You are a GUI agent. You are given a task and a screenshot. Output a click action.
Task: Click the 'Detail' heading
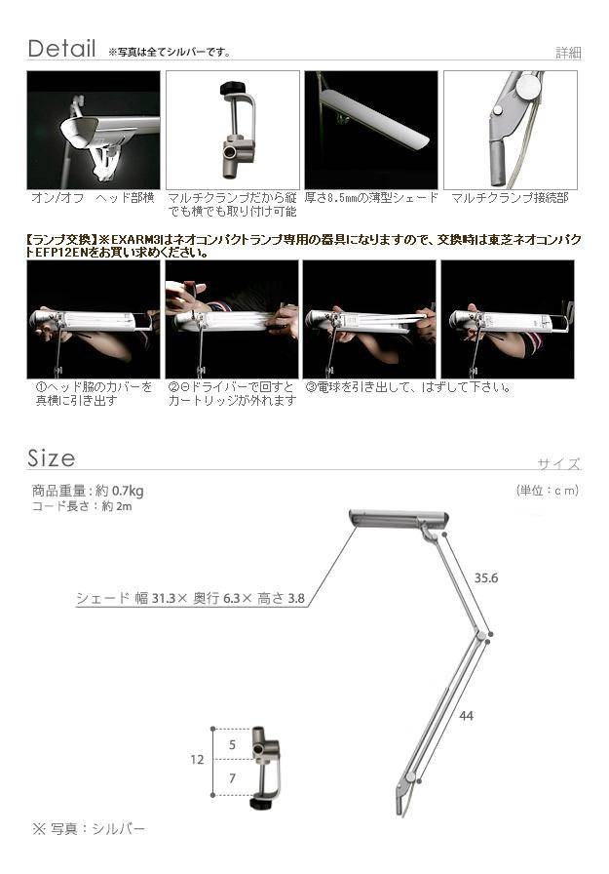[x=61, y=49]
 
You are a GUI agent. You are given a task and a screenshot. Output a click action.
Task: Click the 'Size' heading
[x=52, y=458]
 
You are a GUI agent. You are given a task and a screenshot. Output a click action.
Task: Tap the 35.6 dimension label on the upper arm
[x=486, y=578]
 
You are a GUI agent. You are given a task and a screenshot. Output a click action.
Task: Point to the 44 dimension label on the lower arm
[x=467, y=715]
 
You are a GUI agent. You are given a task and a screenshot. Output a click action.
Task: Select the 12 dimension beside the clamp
[x=197, y=759]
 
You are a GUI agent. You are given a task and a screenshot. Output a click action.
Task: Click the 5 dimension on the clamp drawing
[x=232, y=744]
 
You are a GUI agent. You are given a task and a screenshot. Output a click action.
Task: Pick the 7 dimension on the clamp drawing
[x=232, y=778]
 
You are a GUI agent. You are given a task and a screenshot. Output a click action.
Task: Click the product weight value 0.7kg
[x=128, y=491]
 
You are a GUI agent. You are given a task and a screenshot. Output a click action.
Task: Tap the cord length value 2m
[x=124, y=506]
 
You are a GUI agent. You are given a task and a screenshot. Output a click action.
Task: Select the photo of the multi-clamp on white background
[x=233, y=130]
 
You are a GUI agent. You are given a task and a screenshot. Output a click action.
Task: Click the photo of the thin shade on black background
[x=370, y=130]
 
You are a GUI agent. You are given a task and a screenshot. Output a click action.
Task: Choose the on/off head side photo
[x=94, y=130]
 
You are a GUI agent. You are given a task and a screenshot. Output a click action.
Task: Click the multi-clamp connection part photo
[x=510, y=130]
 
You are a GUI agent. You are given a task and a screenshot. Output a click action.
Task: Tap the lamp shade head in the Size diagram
[x=398, y=518]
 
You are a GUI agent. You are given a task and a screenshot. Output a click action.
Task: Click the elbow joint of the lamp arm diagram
[x=479, y=634]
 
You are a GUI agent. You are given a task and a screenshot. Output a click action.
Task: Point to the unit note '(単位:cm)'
[x=548, y=491]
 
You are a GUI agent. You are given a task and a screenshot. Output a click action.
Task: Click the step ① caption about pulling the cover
[x=94, y=393]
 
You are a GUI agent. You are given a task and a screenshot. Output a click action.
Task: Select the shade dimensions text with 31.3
[x=190, y=599]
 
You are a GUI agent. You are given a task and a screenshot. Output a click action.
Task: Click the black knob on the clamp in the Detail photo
[x=231, y=89]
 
